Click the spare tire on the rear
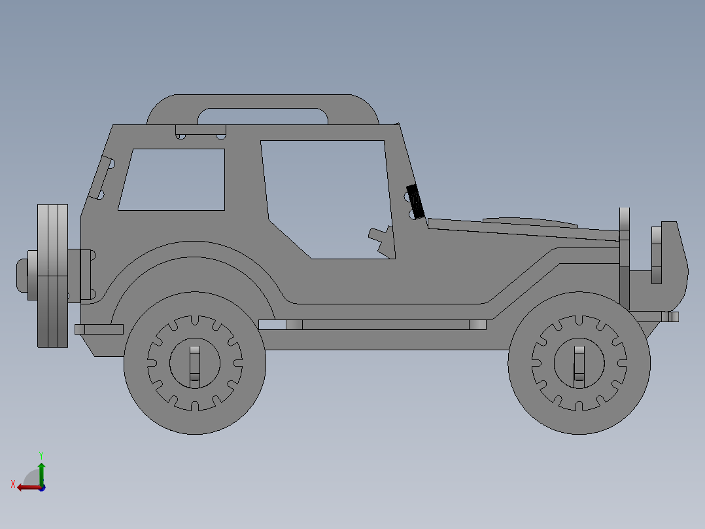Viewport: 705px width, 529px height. (x=52, y=275)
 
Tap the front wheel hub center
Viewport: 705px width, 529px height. (x=579, y=363)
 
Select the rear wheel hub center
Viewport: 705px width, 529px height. (x=194, y=363)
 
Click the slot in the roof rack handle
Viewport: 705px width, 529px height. (x=263, y=116)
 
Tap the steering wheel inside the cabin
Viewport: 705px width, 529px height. (x=382, y=238)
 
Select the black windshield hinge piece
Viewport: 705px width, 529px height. (x=415, y=201)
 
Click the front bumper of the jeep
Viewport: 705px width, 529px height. (x=670, y=252)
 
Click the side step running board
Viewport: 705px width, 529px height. (x=373, y=325)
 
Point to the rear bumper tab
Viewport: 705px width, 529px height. (x=99, y=329)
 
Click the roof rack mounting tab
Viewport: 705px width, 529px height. (x=200, y=132)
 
